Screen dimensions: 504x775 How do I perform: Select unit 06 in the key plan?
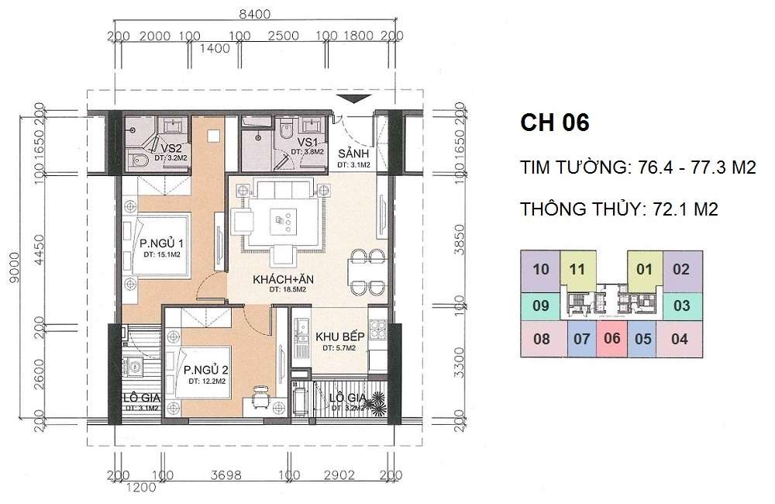[x=611, y=338]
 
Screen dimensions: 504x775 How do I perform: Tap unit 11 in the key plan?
[x=576, y=270]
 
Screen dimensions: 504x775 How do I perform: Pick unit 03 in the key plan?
[x=680, y=306]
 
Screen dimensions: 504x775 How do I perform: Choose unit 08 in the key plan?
[x=542, y=338]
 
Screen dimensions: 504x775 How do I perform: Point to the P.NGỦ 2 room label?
[x=205, y=370]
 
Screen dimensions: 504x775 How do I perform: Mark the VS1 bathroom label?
[x=309, y=143]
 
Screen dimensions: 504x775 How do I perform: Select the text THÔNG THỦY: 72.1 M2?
[x=627, y=210]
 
